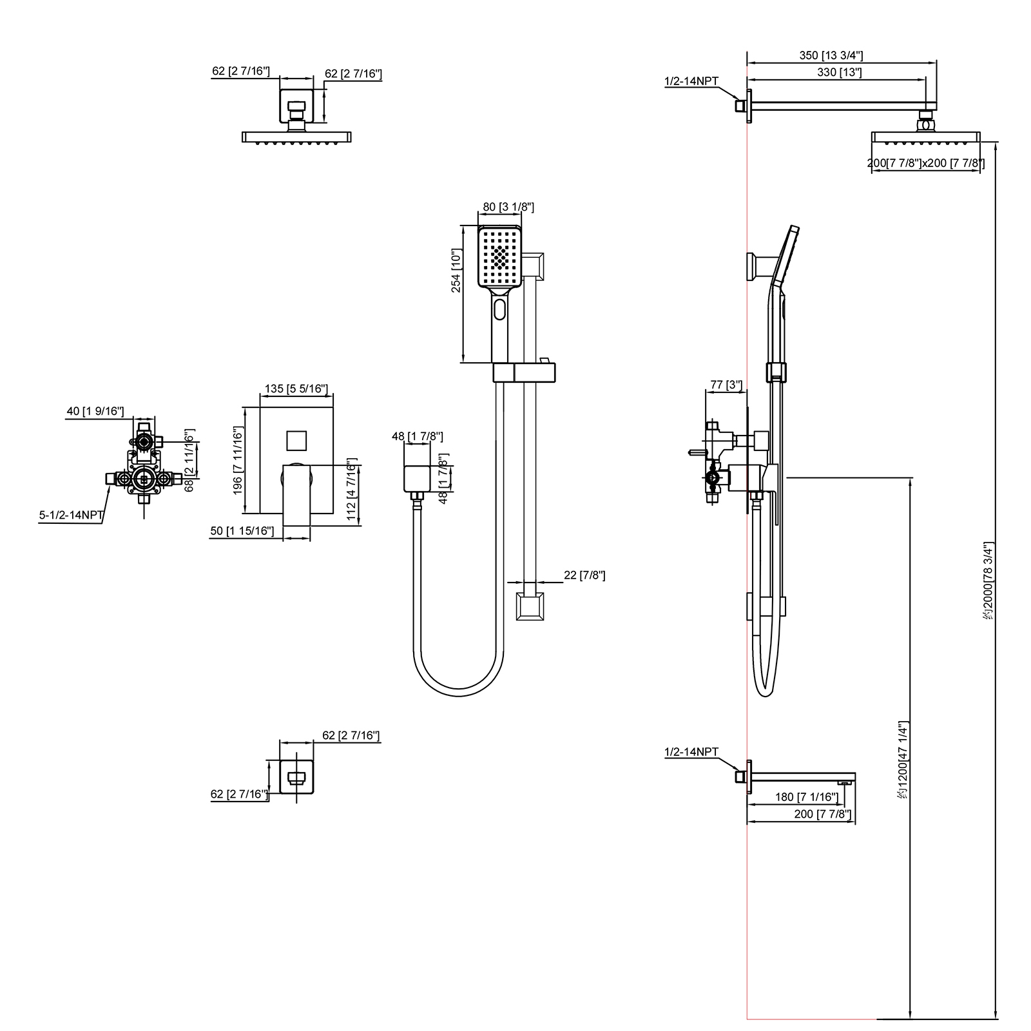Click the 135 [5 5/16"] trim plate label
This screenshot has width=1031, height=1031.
[x=296, y=389]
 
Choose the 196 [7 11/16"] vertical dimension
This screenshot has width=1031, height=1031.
[x=237, y=461]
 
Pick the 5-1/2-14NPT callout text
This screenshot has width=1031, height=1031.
[x=71, y=515]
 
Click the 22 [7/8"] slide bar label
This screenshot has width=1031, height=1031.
[x=584, y=575]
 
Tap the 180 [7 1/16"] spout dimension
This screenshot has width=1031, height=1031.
[x=806, y=797]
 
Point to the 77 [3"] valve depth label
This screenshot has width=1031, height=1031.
[x=726, y=385]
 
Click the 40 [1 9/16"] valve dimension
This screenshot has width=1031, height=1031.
[x=95, y=411]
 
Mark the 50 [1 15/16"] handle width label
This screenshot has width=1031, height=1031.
[x=242, y=531]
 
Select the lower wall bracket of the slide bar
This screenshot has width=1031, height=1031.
[x=530, y=607]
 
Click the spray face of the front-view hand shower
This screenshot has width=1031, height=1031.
[x=499, y=256]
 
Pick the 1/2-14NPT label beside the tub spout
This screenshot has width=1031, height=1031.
[x=691, y=752]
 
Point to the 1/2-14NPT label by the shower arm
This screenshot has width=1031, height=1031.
[x=691, y=81]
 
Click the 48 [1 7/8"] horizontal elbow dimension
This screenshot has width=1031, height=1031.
[x=417, y=436]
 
